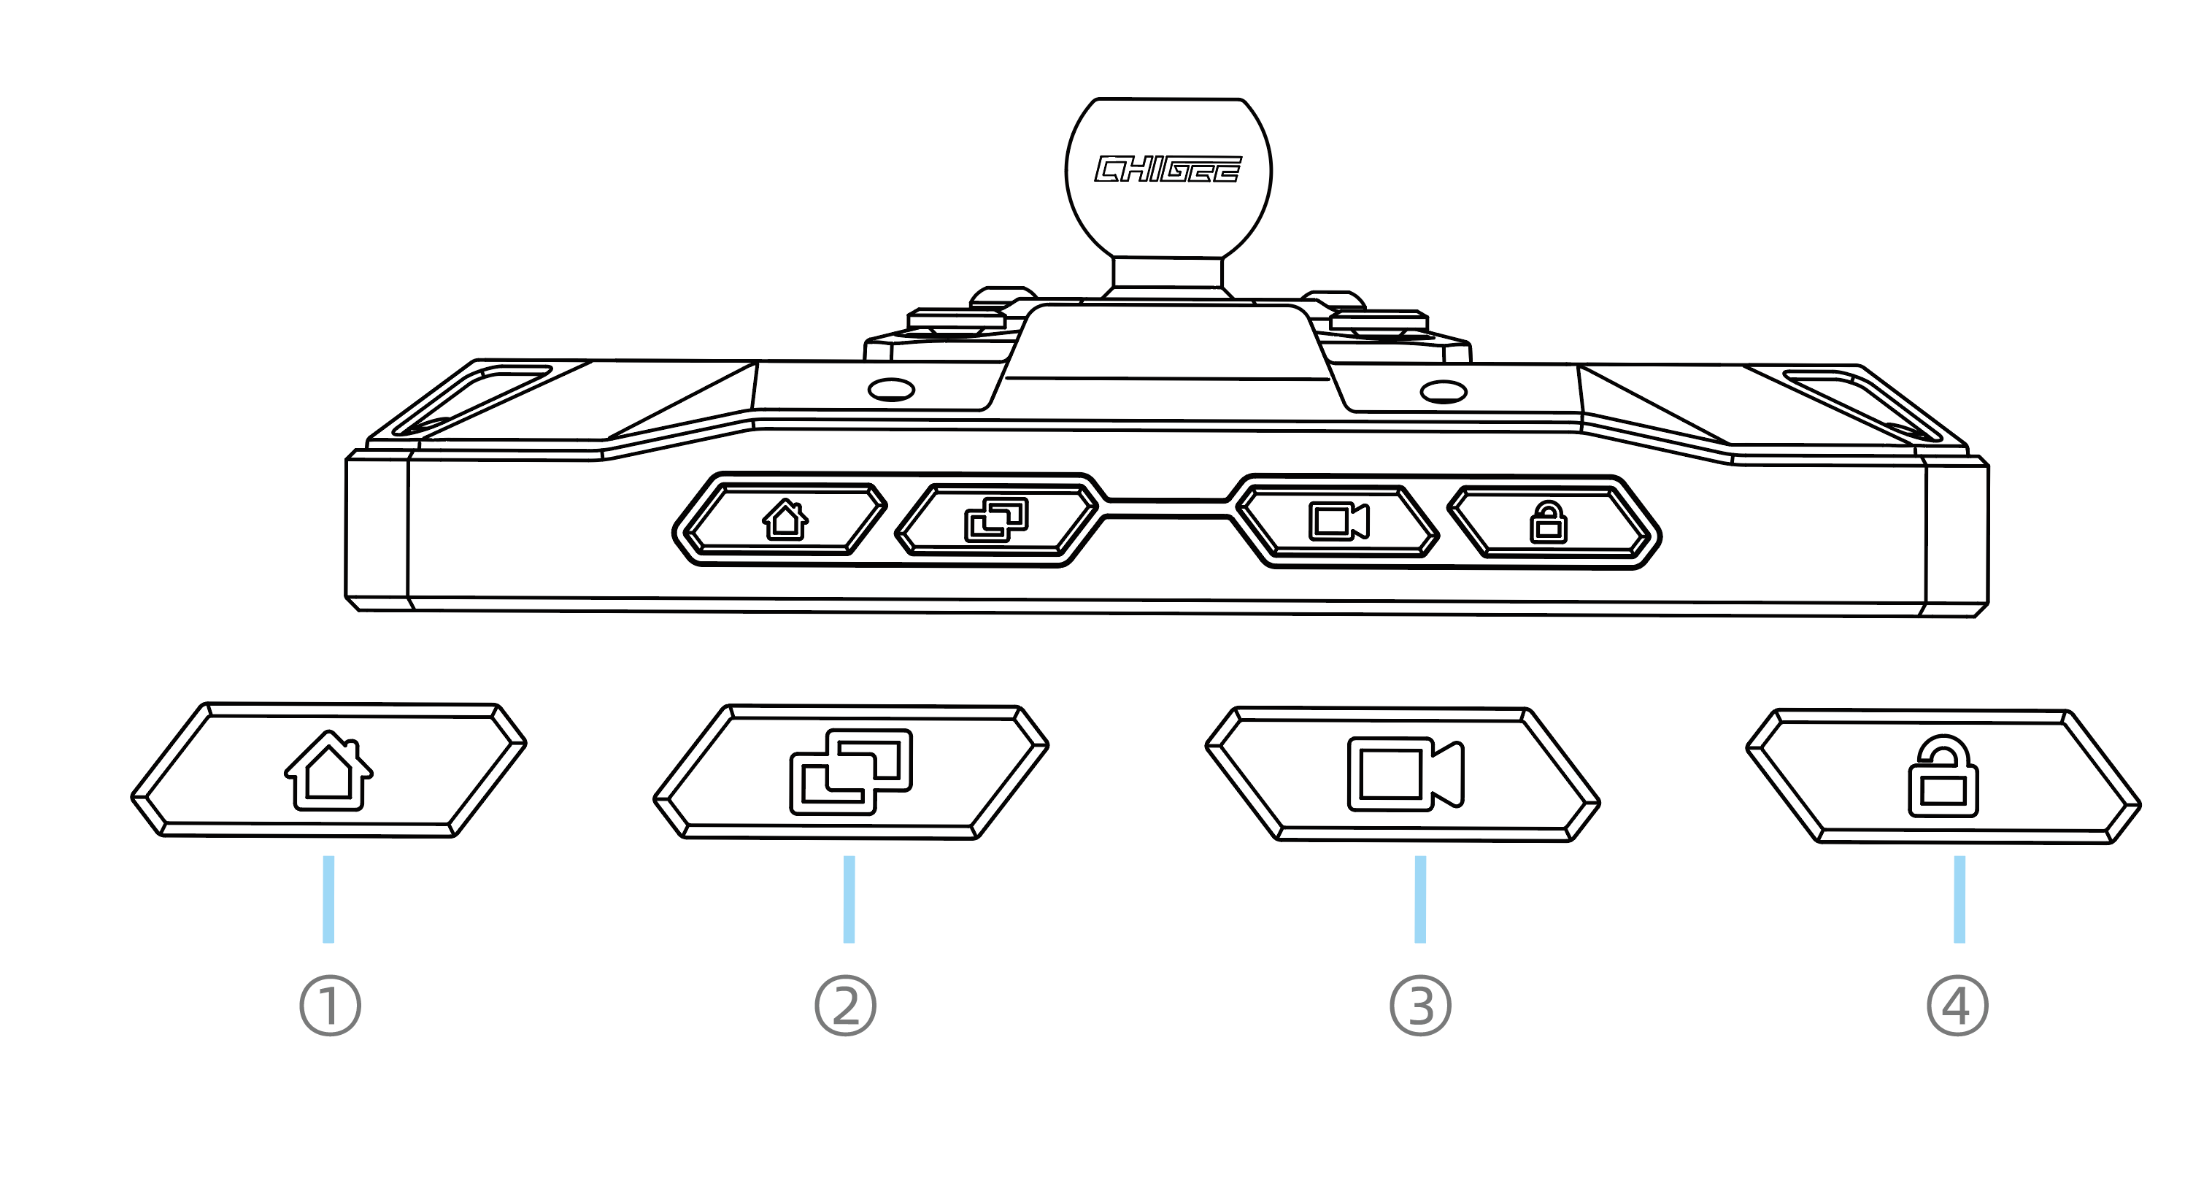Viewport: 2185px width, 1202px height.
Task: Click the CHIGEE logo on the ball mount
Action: point(1168,169)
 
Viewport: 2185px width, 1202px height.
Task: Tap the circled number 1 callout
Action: point(330,1006)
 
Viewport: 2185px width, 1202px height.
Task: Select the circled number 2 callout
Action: point(845,1006)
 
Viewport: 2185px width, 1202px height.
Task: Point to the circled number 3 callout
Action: point(1421,1006)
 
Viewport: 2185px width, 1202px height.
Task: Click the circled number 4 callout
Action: point(1958,1006)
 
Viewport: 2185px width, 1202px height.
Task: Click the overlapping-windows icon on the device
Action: point(997,520)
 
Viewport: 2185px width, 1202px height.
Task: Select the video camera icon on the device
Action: point(1338,521)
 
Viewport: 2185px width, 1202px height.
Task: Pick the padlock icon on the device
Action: point(1548,523)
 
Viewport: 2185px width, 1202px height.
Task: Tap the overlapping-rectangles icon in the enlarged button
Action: point(851,772)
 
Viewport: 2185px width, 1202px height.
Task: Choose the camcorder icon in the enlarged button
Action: point(1406,774)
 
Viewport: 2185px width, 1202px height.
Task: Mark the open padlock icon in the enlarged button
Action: point(1943,777)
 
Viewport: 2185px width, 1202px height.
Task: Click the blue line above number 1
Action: point(328,899)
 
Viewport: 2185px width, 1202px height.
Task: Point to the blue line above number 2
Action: point(849,899)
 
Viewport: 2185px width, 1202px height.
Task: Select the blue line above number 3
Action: point(1421,899)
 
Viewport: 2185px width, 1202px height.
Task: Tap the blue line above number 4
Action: point(1959,899)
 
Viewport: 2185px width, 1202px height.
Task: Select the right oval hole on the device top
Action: point(1443,392)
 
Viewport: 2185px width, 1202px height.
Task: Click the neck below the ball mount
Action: point(1167,272)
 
